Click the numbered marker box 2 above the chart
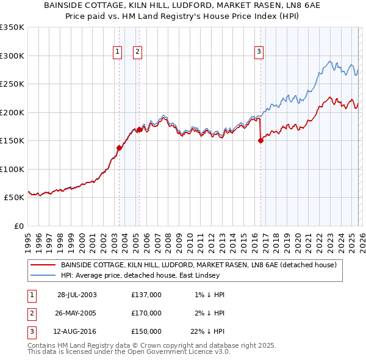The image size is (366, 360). pyautogui.click(x=138, y=52)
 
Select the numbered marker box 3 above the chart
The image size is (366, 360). pyautogui.click(x=259, y=52)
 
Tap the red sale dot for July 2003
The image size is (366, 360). pyautogui.click(x=120, y=148)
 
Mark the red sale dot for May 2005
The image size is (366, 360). pyautogui.click(x=139, y=129)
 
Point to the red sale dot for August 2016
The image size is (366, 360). pyautogui.click(x=260, y=140)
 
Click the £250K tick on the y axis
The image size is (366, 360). pyautogui.click(x=12, y=84)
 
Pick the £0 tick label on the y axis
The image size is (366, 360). pyautogui.click(x=18, y=226)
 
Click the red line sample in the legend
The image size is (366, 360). pyautogui.click(x=43, y=265)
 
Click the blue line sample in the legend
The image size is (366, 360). pyautogui.click(x=43, y=276)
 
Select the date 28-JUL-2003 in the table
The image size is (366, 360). pyautogui.click(x=77, y=295)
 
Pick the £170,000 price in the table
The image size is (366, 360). pyautogui.click(x=146, y=313)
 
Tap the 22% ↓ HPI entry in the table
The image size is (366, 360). pyautogui.click(x=207, y=331)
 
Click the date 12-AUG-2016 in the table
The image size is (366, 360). pyautogui.click(x=77, y=331)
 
